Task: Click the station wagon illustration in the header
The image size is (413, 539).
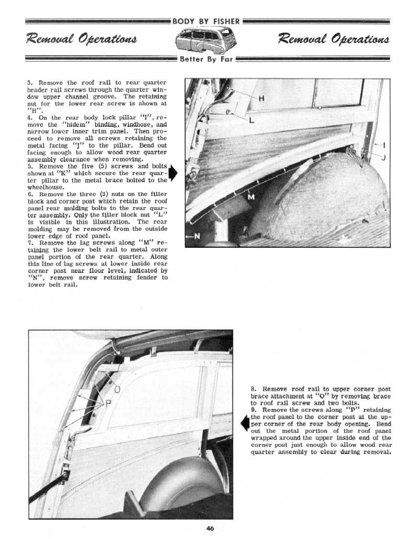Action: point(206,40)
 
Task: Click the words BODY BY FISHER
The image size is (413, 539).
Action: point(206,21)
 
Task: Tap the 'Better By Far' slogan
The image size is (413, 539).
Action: point(206,59)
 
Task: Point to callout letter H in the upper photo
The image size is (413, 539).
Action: point(261,99)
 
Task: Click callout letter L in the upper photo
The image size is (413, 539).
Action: point(252,121)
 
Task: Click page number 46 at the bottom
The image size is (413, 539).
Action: point(210,528)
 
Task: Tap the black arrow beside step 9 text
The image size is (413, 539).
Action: point(244,423)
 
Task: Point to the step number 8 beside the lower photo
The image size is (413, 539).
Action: point(253,389)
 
